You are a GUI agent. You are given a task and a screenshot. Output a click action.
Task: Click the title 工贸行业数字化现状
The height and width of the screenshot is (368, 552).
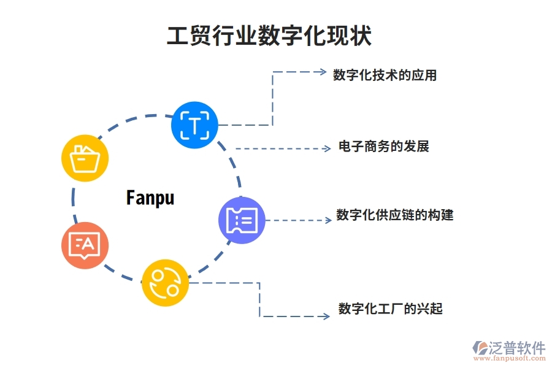pos(269,36)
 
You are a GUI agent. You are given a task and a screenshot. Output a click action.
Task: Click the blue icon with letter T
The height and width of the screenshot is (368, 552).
pos(194,126)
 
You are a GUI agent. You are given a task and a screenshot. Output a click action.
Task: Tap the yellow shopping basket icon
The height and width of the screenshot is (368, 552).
pos(85,158)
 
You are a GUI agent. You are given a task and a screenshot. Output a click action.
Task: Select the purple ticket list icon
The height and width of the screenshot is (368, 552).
pos(242,220)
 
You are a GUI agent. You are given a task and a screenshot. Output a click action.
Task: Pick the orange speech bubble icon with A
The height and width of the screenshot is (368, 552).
pos(85,245)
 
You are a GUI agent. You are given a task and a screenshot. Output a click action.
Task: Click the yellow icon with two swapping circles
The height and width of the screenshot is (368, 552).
pos(165,282)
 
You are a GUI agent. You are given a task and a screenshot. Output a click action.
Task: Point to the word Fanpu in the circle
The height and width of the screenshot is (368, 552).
pos(150,197)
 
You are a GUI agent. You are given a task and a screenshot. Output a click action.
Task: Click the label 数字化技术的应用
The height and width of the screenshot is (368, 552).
pos(385,75)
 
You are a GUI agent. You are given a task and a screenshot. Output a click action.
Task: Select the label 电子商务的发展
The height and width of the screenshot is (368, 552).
pos(383,147)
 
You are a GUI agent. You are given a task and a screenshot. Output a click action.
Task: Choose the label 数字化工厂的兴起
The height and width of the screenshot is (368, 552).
pos(390,309)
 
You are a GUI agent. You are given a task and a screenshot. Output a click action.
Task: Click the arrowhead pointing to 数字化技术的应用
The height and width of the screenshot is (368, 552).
pos(323,72)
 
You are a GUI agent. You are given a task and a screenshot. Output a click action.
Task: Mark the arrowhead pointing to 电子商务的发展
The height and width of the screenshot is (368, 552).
pos(328,148)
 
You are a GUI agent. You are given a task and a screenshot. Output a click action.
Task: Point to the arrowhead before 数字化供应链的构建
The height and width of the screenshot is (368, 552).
pos(328,220)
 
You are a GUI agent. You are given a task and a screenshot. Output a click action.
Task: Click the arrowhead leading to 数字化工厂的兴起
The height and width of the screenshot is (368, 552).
pos(326,316)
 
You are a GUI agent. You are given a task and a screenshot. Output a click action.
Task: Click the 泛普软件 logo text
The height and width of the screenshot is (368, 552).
pos(516,348)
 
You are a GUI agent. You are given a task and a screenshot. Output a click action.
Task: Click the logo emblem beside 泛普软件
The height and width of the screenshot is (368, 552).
pos(480,348)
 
